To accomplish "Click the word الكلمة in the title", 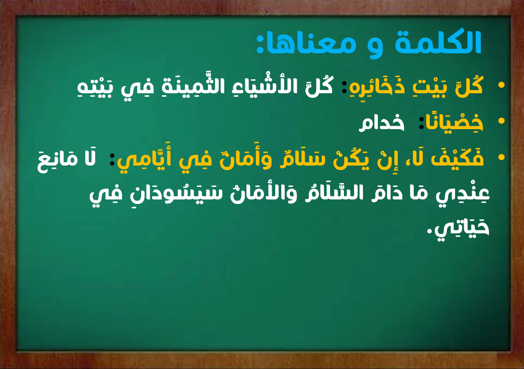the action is pos(438,42).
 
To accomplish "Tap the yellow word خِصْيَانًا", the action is pos(454,122).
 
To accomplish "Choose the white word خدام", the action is pos(381,123).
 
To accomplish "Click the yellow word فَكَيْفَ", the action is pos(457,158).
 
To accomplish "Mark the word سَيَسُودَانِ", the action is pos(176,193).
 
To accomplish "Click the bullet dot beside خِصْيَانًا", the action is pos(501,121).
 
